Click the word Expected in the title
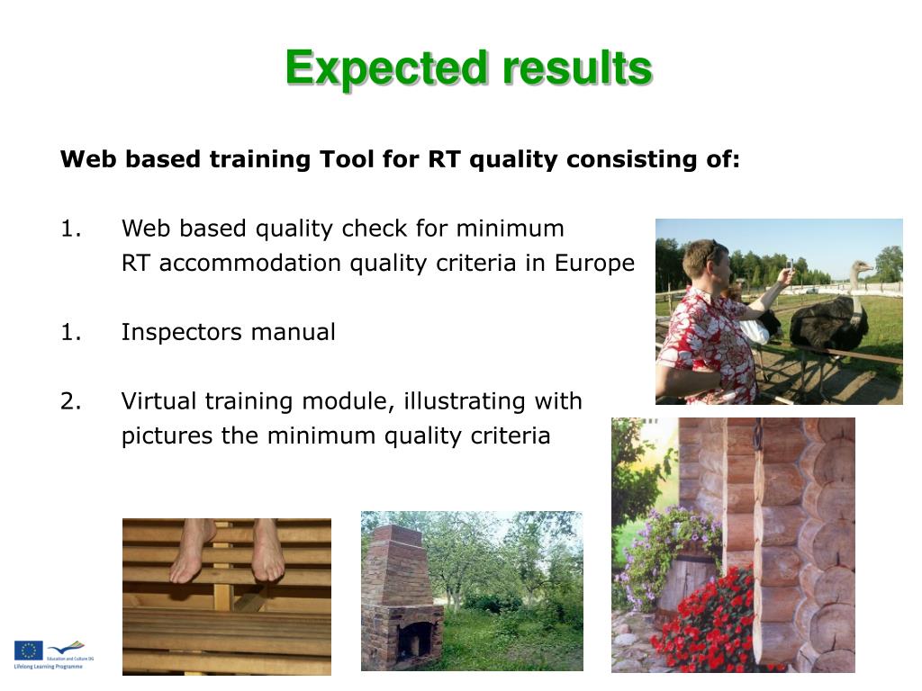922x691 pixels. point(388,68)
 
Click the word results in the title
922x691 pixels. point(577,68)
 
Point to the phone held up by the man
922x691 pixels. point(790,266)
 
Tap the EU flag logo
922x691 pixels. point(28,651)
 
